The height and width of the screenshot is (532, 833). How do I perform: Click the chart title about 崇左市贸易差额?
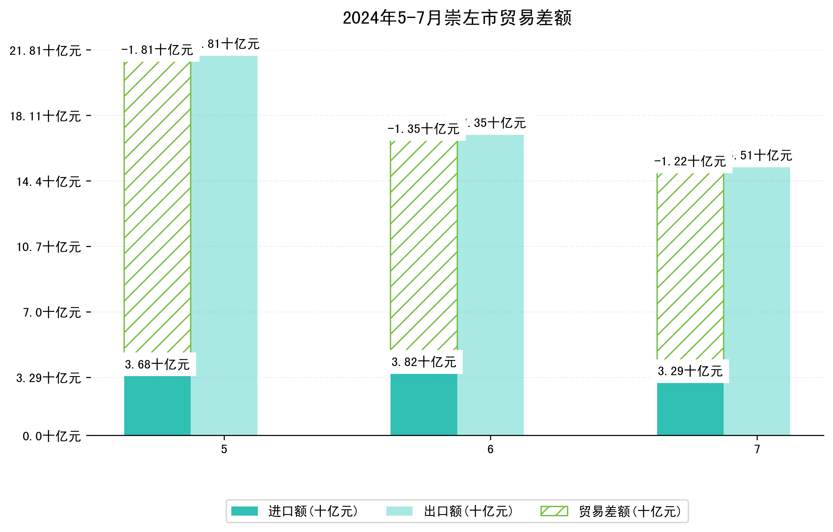pos(457,18)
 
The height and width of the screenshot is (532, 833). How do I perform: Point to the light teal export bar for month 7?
pos(761,301)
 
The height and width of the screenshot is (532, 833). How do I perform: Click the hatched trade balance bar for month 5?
pos(157,207)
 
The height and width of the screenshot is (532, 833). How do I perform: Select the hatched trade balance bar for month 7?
pos(690,266)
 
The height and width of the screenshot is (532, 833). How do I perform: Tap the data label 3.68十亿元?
pos(157,364)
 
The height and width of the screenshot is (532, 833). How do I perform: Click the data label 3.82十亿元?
pos(424,362)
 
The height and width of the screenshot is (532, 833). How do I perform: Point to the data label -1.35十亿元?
pos(423,129)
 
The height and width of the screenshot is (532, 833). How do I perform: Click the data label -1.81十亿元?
pos(157,50)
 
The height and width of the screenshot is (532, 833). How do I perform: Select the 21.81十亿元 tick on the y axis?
pos(45,51)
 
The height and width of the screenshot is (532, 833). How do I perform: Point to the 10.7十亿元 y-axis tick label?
pos(49,247)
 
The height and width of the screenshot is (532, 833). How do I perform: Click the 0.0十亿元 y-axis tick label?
pos(52,436)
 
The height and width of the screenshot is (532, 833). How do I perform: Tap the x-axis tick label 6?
pos(490,449)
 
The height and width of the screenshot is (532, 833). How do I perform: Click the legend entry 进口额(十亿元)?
pos(313,511)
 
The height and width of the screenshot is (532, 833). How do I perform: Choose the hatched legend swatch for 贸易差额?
pos(554,511)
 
